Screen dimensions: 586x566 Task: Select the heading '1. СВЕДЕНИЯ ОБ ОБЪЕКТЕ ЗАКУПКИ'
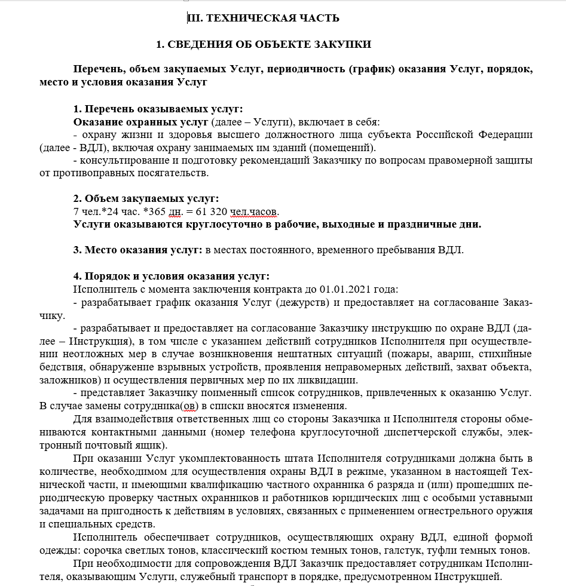(x=264, y=44)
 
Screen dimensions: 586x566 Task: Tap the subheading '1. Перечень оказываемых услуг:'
(x=158, y=109)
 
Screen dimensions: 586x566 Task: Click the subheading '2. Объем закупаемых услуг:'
(x=146, y=198)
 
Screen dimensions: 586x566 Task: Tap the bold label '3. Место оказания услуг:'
(x=138, y=250)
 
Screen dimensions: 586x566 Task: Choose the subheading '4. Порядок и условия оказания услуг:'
(x=171, y=276)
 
